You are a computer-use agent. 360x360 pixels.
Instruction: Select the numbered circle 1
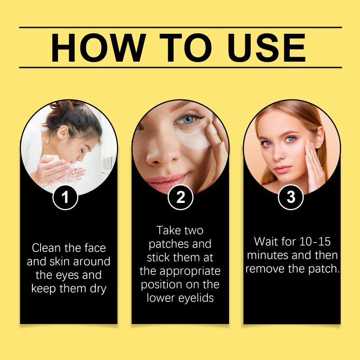(x=65, y=198)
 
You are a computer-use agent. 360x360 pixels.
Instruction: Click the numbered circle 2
(x=180, y=197)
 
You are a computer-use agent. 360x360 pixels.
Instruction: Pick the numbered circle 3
(x=291, y=197)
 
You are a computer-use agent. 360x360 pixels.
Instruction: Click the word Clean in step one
(x=46, y=248)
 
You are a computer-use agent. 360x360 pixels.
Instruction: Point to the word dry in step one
(x=98, y=289)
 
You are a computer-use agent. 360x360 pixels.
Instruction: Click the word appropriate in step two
(x=190, y=272)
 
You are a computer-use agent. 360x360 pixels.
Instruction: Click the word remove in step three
(x=265, y=269)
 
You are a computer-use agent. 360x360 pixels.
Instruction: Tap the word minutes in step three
(x=265, y=255)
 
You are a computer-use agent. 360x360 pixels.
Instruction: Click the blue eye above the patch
(x=188, y=120)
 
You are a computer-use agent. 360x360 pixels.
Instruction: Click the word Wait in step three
(x=265, y=242)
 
